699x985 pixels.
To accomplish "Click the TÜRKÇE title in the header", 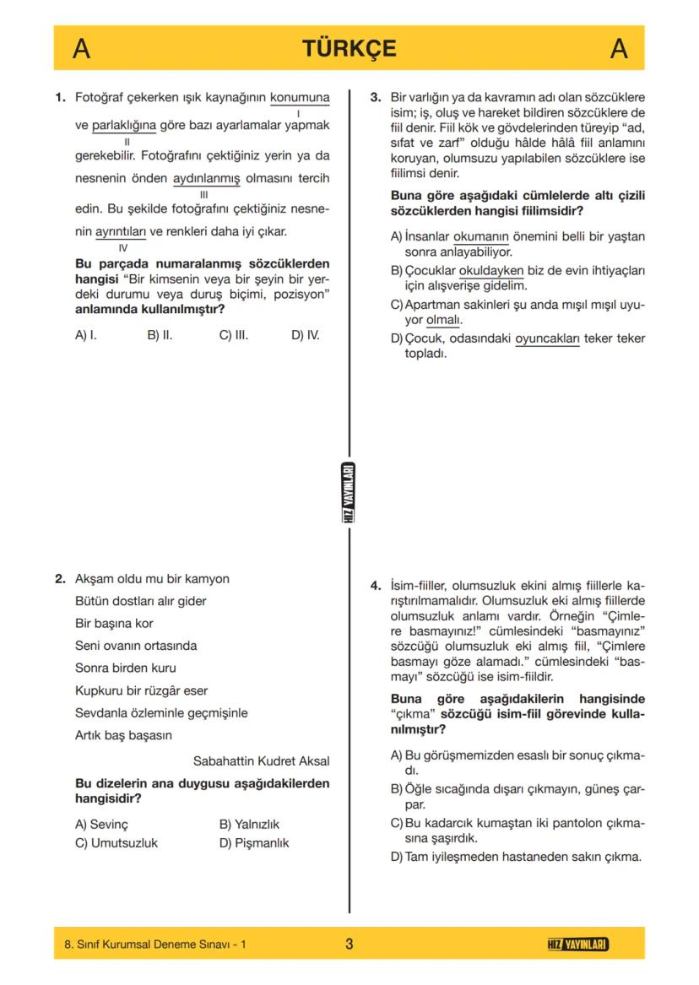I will coord(349,48).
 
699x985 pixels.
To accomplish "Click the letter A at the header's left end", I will coord(81,49).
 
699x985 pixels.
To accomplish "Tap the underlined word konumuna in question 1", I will coord(300,98).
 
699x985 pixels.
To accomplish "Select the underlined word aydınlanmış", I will coord(206,179).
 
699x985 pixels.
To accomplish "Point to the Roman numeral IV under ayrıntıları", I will coord(123,248).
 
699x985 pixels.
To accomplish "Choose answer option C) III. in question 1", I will coord(233,335).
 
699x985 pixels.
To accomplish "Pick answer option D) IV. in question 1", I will coord(305,335).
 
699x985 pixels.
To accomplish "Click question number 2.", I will coord(60,579).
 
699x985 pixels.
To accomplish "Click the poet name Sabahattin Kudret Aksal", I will coord(261,760).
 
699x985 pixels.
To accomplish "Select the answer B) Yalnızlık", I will coord(249,824).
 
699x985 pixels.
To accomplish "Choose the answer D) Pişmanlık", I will coord(253,842).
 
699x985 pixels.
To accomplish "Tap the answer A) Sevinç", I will coord(101,824).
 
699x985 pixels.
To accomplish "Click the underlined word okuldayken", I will coord(491,271).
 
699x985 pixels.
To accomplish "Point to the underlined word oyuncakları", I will coord(547,338).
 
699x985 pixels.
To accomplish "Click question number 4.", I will coord(376,585).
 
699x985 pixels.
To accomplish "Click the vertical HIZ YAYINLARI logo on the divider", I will coord(349,494).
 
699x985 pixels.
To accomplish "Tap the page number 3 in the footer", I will coord(349,944).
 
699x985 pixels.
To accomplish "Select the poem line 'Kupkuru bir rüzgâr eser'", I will coord(141,690).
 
